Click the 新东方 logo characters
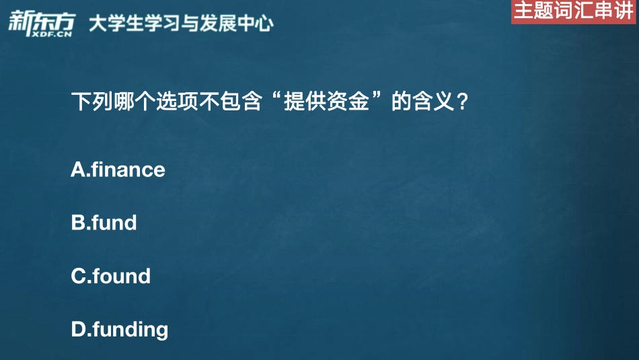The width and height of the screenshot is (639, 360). pos(40,18)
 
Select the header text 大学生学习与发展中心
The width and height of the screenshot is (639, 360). pos(181,24)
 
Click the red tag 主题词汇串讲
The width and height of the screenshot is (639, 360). pos(573,11)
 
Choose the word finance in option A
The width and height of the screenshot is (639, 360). pos(128,170)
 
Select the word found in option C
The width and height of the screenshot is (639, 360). pos(121,276)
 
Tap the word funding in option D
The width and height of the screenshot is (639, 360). pos(130,330)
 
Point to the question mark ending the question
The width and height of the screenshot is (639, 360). pos(462,104)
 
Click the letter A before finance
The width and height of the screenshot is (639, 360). pos(78,170)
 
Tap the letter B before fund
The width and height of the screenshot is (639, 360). pos(78,223)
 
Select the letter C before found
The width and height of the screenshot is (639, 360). pos(78,276)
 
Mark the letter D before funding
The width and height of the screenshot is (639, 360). pos(79,329)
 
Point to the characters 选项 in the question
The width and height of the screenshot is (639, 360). pos(176,104)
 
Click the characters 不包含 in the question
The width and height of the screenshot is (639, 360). pos(229,104)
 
